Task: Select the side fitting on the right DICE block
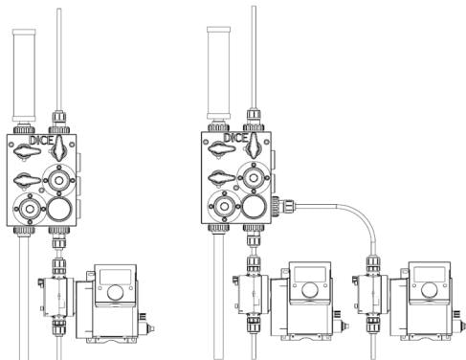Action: (x=276, y=203)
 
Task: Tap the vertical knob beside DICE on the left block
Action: (x=60, y=146)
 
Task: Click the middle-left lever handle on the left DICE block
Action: (x=26, y=176)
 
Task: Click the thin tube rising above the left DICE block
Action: (x=61, y=57)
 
